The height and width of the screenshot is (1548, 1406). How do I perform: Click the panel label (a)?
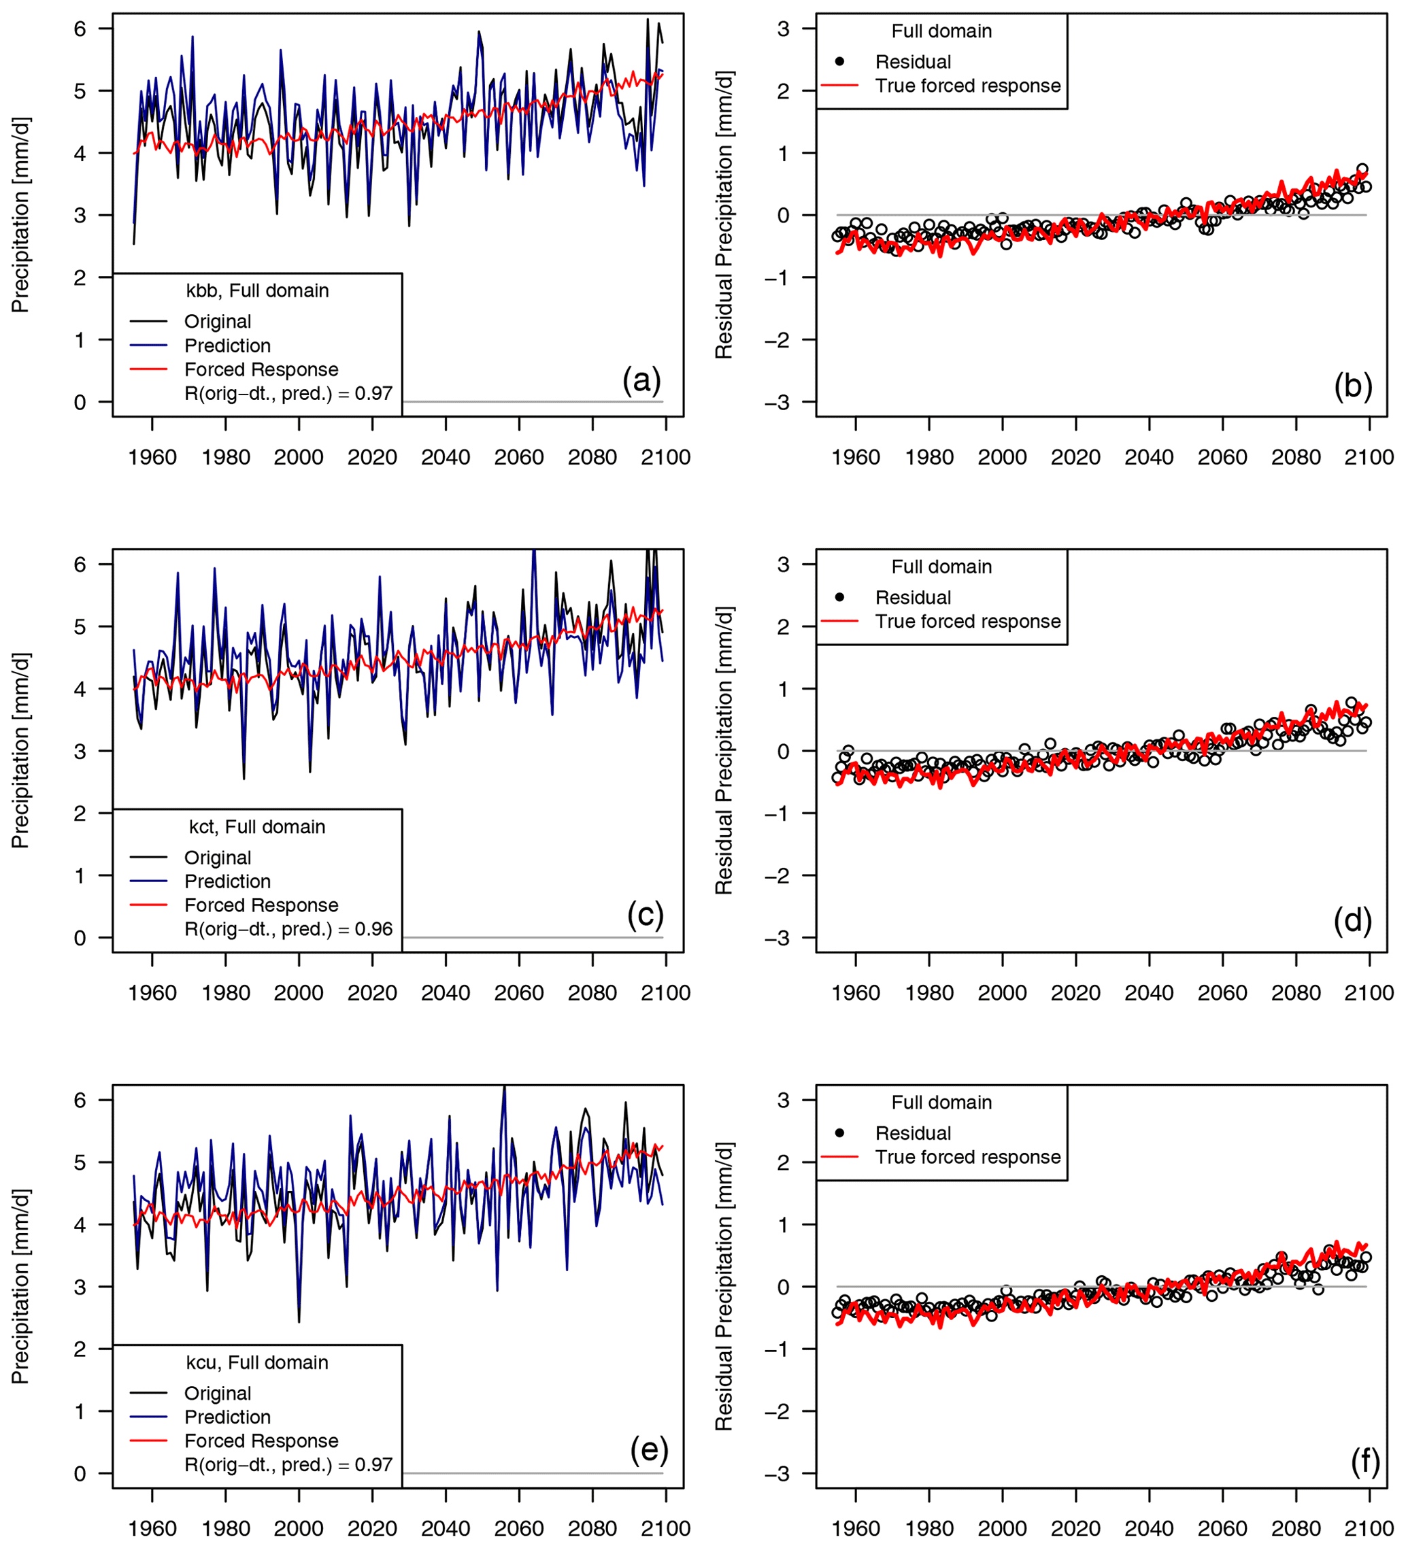pyautogui.click(x=641, y=381)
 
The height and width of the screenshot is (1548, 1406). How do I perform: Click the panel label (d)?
pyautogui.click(x=1352, y=920)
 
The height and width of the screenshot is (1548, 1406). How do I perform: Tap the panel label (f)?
pyautogui.click(x=1365, y=1460)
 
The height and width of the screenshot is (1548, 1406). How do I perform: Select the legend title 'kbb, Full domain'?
pyautogui.click(x=257, y=291)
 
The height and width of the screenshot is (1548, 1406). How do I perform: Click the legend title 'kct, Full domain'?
pyautogui.click(x=257, y=827)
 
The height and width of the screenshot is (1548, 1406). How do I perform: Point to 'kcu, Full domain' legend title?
pyautogui.click(x=257, y=1363)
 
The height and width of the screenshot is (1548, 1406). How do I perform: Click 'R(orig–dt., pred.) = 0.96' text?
pyautogui.click(x=288, y=929)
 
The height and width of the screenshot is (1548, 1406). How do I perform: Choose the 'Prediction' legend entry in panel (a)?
pyautogui.click(x=227, y=346)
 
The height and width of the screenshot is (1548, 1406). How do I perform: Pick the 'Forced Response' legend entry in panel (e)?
pyautogui.click(x=261, y=1441)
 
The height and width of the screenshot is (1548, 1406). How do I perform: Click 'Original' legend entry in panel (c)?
pyautogui.click(x=217, y=858)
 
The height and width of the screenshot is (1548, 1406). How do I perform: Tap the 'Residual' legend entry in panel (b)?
pyautogui.click(x=913, y=62)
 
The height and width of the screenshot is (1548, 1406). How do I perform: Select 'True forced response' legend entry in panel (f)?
pyautogui.click(x=967, y=1157)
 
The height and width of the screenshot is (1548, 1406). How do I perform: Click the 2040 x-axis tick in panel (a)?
pyautogui.click(x=446, y=458)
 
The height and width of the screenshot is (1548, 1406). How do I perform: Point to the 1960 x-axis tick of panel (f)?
pyautogui.click(x=856, y=1529)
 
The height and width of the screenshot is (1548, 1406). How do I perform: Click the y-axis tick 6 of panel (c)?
pyautogui.click(x=80, y=565)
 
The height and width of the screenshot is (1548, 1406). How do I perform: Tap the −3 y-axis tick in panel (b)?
pyautogui.click(x=777, y=403)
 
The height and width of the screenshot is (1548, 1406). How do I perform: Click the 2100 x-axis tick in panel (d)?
pyautogui.click(x=1369, y=994)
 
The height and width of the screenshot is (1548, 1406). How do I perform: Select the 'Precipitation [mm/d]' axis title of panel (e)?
pyautogui.click(x=20, y=1287)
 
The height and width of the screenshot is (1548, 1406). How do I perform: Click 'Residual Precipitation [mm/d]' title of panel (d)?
pyautogui.click(x=724, y=751)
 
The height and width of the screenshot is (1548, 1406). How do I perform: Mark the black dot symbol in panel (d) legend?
pyautogui.click(x=839, y=597)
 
